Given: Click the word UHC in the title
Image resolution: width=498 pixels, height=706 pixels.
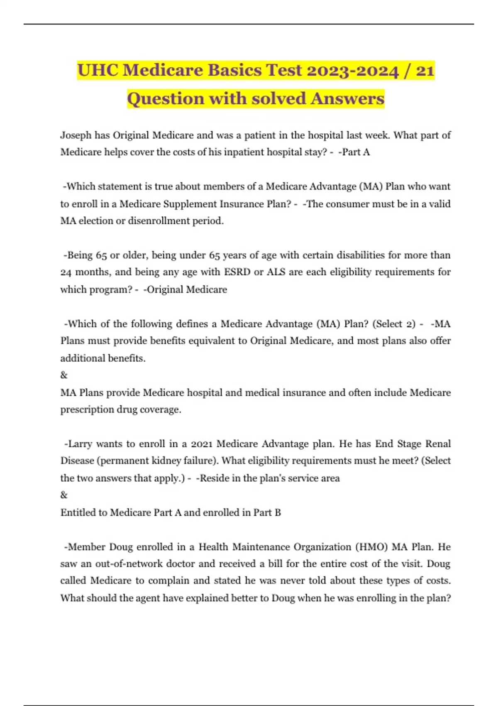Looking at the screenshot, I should [98, 70].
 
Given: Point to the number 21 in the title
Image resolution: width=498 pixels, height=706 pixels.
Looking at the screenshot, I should [424, 70].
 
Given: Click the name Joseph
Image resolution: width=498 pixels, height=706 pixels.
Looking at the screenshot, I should [76, 135].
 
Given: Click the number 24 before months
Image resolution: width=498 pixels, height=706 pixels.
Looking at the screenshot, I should [66, 272].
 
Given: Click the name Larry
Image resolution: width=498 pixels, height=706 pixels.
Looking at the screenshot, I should [80, 444].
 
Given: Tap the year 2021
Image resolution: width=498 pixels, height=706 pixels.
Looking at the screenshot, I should [201, 444].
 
